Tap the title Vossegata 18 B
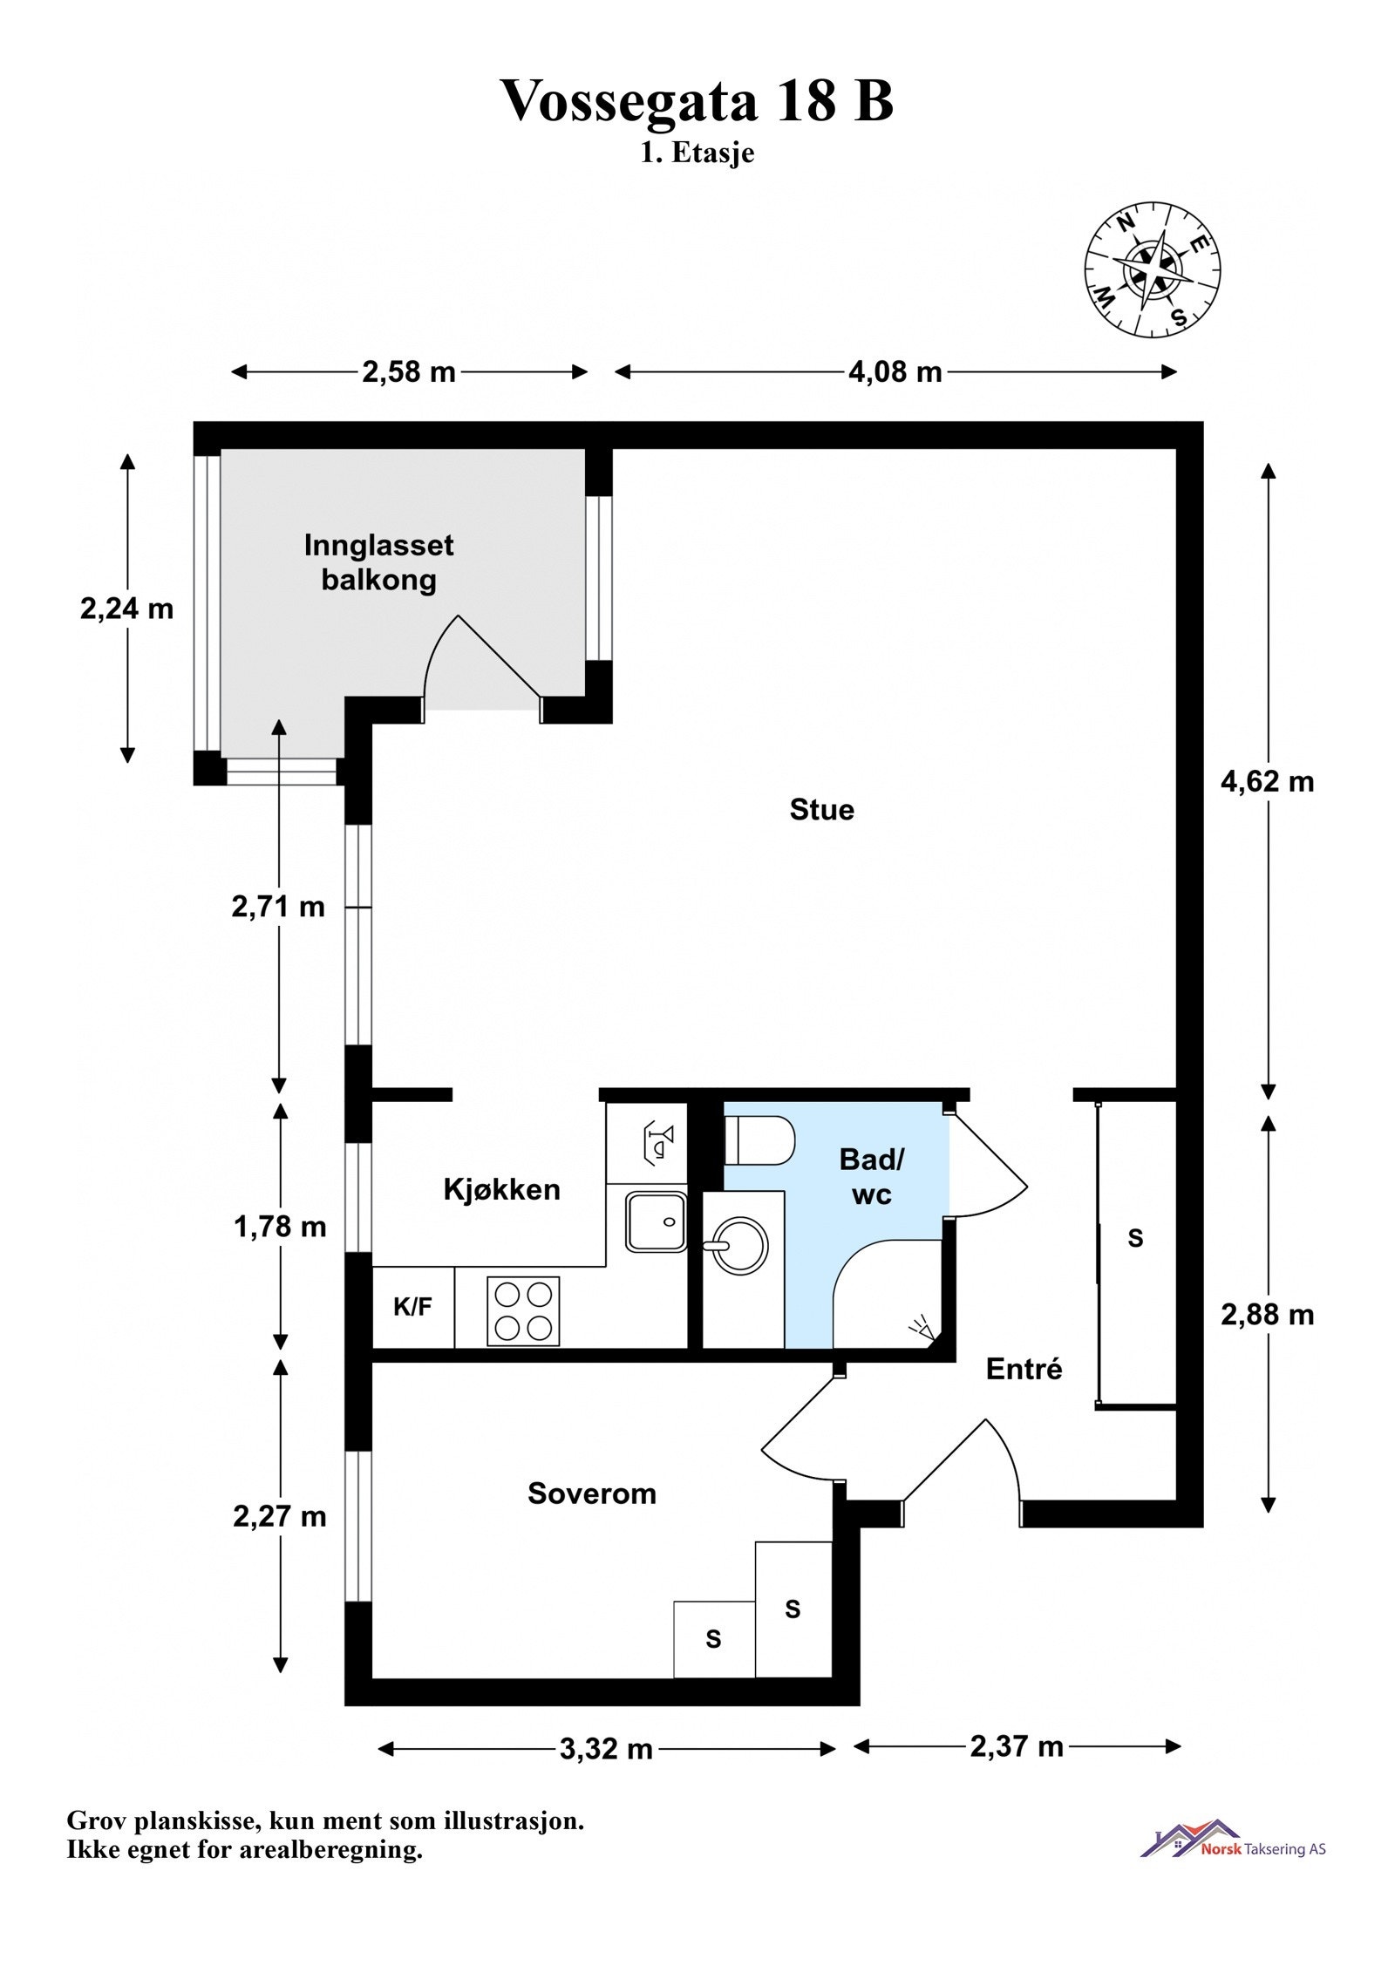[x=697, y=101]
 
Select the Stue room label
[x=821, y=810]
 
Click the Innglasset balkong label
[x=378, y=562]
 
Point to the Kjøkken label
[x=501, y=1189]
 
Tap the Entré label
[x=1024, y=1369]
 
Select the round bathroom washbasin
[x=739, y=1247]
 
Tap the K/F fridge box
[x=413, y=1307]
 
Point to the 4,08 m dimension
[x=895, y=372]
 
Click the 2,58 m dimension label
[x=409, y=372]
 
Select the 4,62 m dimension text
[x=1267, y=781]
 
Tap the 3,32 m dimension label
[x=606, y=1750]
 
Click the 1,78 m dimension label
[x=280, y=1227]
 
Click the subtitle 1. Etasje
[x=697, y=153]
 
